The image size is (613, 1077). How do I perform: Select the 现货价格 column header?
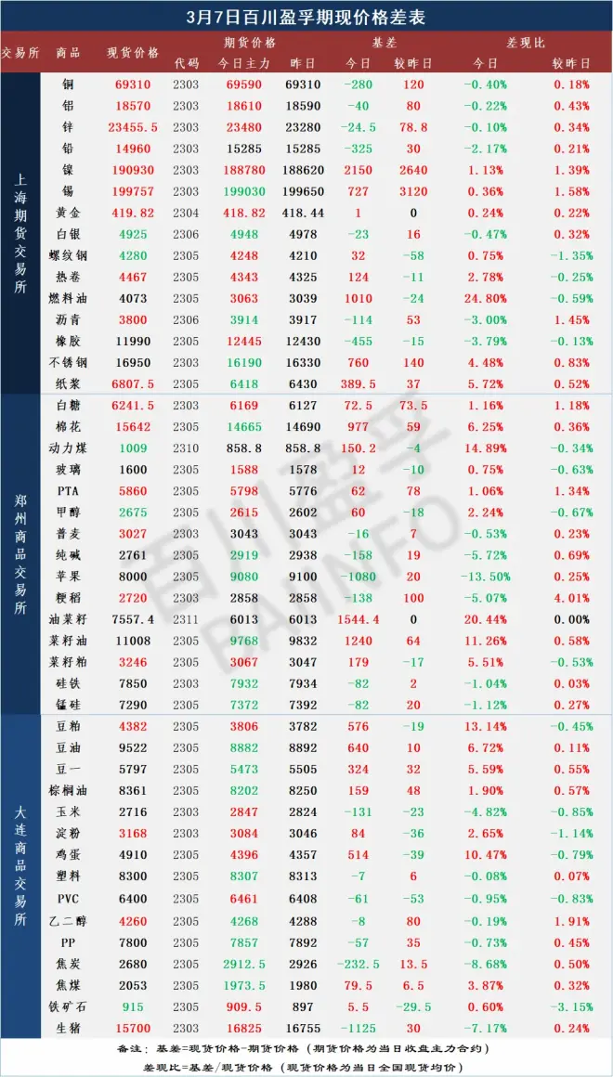(133, 52)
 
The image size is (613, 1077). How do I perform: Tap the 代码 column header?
(186, 63)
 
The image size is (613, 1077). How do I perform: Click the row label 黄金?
(67, 213)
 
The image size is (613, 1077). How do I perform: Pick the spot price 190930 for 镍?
(133, 170)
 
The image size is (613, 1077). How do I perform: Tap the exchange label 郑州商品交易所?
(20, 552)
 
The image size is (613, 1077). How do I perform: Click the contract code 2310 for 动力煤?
(186, 447)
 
